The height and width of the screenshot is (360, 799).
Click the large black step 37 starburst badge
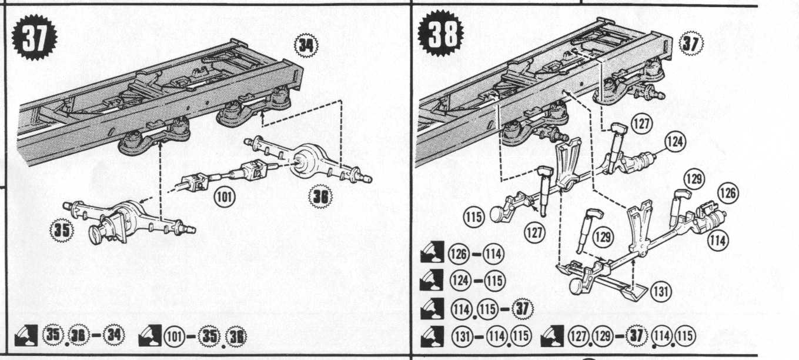pyautogui.click(x=34, y=37)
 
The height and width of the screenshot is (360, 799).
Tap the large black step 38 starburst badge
pyautogui.click(x=441, y=34)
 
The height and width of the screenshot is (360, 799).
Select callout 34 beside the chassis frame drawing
pyautogui.click(x=306, y=45)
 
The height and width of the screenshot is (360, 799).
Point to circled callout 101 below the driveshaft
pyautogui.click(x=225, y=197)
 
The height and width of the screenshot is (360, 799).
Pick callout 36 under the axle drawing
pyautogui.click(x=320, y=197)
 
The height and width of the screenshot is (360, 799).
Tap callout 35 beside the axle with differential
pyautogui.click(x=62, y=230)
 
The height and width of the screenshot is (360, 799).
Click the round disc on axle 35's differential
pyautogui.click(x=96, y=234)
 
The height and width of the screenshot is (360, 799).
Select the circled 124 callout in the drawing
pyautogui.click(x=675, y=142)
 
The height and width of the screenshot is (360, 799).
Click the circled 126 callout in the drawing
pyautogui.click(x=728, y=193)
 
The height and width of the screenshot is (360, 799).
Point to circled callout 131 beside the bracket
pyautogui.click(x=661, y=292)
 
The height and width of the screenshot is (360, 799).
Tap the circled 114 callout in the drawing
pyautogui.click(x=718, y=240)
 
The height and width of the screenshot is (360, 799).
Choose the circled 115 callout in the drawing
pyautogui.click(x=474, y=216)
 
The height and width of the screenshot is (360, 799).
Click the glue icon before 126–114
pyautogui.click(x=432, y=252)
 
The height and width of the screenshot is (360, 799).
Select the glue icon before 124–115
pyautogui.click(x=432, y=280)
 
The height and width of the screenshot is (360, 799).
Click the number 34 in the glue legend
pyautogui.click(x=114, y=336)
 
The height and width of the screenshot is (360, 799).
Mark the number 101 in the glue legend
pyautogui.click(x=174, y=336)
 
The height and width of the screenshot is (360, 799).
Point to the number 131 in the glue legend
pyautogui.click(x=462, y=336)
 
